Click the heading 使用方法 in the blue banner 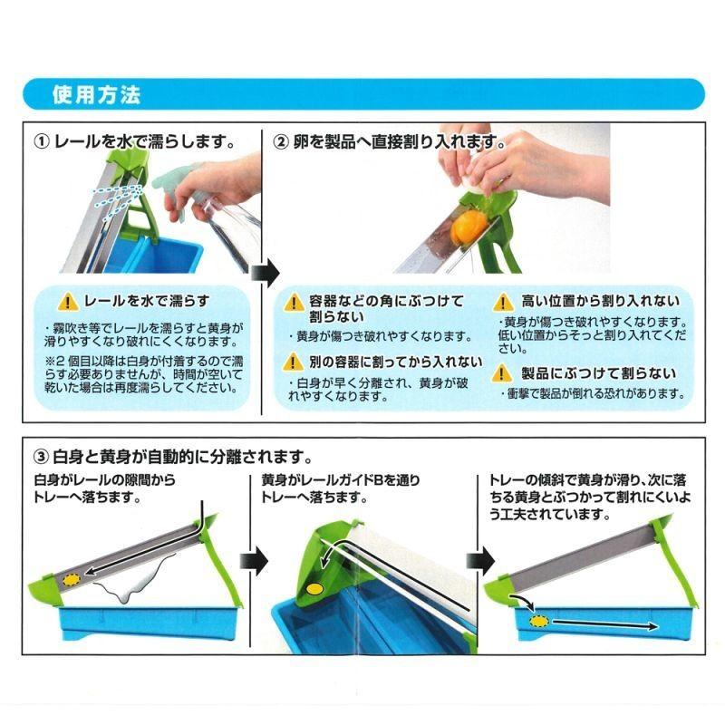click(x=96, y=95)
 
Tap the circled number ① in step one click(x=42, y=141)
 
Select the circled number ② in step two click(x=281, y=141)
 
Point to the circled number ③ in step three click(x=42, y=457)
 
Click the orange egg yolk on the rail click(x=468, y=227)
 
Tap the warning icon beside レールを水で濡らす click(x=69, y=302)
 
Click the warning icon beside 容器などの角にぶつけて click(x=293, y=303)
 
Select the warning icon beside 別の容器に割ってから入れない click(x=293, y=362)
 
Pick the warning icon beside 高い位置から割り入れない click(x=503, y=303)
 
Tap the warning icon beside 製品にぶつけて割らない click(x=502, y=373)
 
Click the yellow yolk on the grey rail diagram click(x=72, y=580)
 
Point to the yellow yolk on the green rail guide click(x=314, y=589)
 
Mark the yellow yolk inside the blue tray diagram click(x=539, y=621)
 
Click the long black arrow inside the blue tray click(x=604, y=624)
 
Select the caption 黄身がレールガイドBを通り click(x=341, y=480)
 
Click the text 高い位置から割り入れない click(x=600, y=301)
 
